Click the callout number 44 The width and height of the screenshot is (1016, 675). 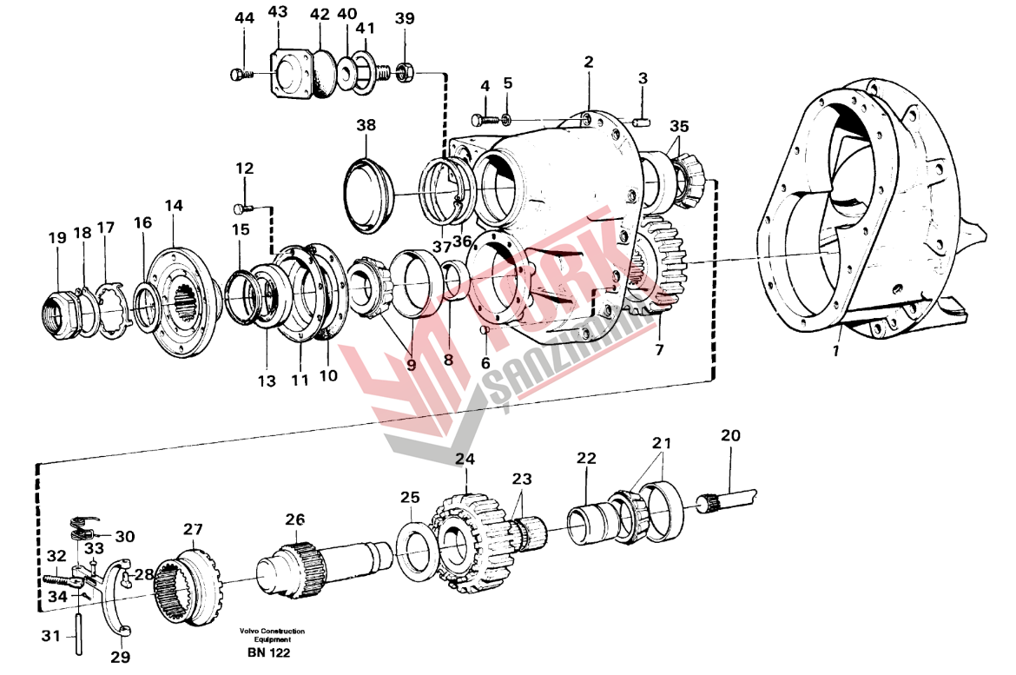pyautogui.click(x=243, y=18)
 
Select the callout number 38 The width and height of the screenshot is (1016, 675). pyautogui.click(x=366, y=125)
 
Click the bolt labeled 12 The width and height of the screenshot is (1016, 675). pyautogui.click(x=243, y=208)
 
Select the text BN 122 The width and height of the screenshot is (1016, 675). pyautogui.click(x=267, y=652)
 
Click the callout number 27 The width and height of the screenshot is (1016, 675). pyautogui.click(x=192, y=528)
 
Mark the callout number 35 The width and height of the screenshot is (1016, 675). pyautogui.click(x=678, y=127)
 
